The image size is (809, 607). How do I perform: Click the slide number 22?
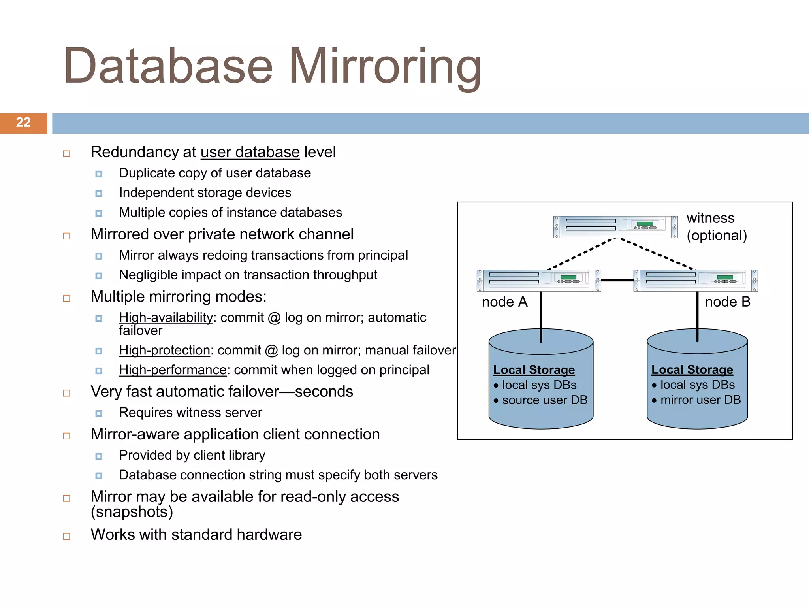point(23,123)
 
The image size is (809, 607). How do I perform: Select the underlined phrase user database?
point(250,153)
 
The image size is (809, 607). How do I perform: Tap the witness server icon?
point(615,227)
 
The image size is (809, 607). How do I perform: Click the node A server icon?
point(538,281)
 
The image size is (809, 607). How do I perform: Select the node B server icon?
point(695,281)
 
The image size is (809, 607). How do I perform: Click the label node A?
point(504,302)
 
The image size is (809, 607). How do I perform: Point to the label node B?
point(727,302)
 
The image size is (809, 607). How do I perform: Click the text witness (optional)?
point(716,227)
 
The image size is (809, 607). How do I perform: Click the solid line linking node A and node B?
point(617,280)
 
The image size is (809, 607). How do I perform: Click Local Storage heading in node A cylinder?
point(534,370)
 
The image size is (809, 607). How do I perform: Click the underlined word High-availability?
point(166,318)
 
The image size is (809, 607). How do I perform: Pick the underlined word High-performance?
point(173,370)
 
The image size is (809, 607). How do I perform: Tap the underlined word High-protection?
point(164,351)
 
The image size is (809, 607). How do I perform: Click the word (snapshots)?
point(132,512)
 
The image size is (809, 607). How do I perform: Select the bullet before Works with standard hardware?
point(67,536)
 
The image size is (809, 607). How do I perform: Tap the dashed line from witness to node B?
point(657,253)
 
